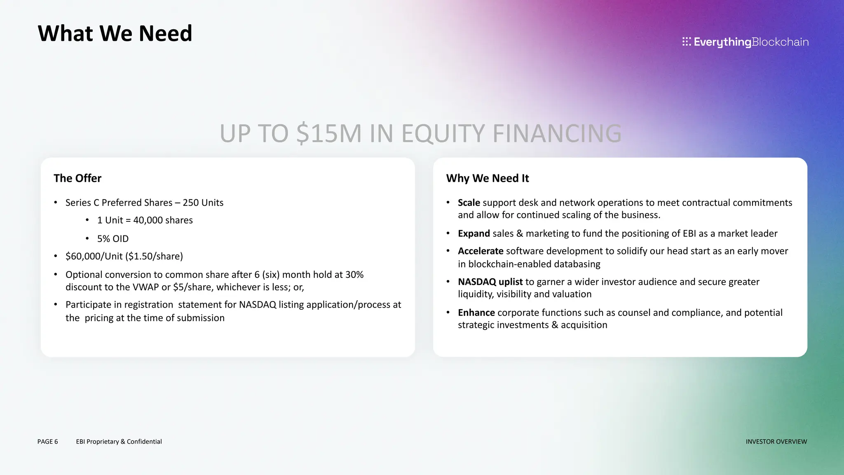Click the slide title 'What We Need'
click(x=115, y=33)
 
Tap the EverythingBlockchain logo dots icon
click(x=686, y=42)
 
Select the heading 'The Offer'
click(x=77, y=178)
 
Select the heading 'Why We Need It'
click(x=488, y=178)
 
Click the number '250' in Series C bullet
click(x=191, y=202)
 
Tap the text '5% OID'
click(x=113, y=239)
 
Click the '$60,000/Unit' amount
click(x=94, y=256)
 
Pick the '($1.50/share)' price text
click(x=154, y=256)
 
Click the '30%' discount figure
click(x=354, y=275)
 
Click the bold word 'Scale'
click(x=469, y=202)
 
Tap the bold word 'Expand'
click(x=474, y=233)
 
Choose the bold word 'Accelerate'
click(x=481, y=251)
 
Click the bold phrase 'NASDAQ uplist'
click(x=490, y=282)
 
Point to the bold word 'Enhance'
click(x=476, y=313)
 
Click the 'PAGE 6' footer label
click(x=47, y=442)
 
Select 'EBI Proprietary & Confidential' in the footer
click(x=119, y=442)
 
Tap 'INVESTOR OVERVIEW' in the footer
click(x=776, y=442)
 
